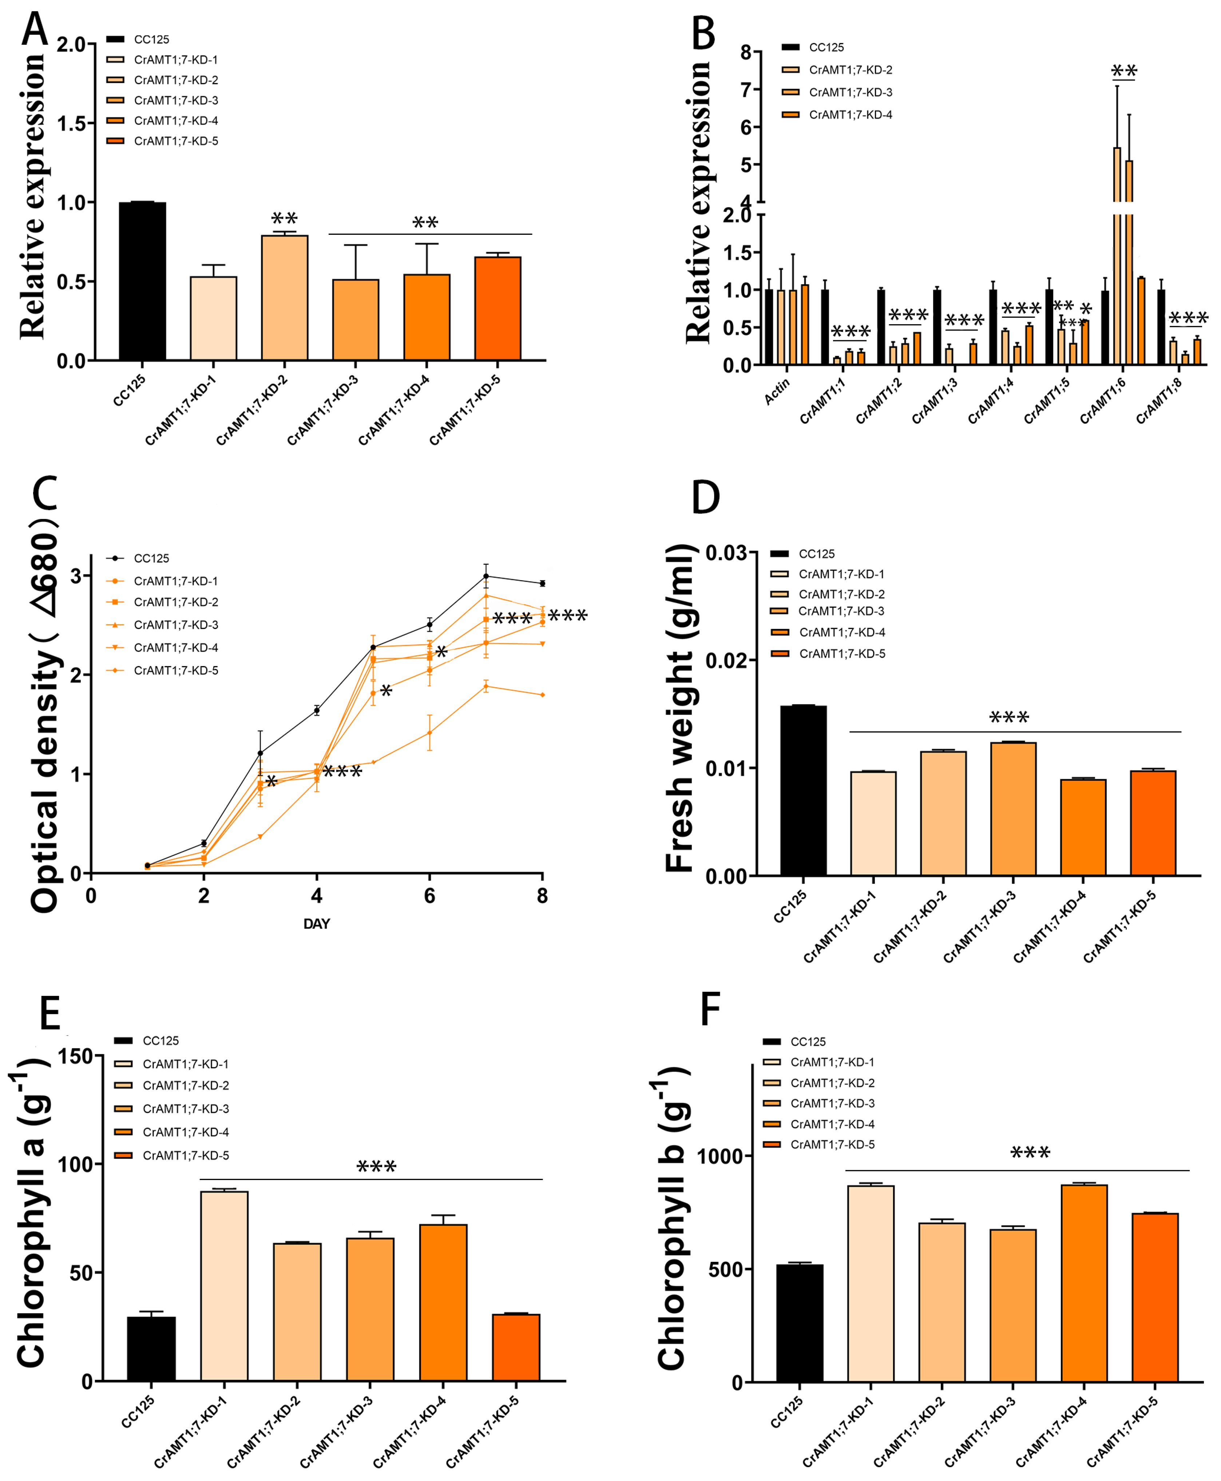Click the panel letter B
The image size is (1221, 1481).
click(x=703, y=34)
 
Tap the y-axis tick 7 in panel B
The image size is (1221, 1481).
click(x=746, y=89)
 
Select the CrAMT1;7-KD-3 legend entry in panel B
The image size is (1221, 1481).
click(x=850, y=92)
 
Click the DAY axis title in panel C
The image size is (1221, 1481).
click(x=317, y=923)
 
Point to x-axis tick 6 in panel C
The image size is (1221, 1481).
click(x=429, y=896)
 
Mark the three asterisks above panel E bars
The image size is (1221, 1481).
click(x=376, y=1167)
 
